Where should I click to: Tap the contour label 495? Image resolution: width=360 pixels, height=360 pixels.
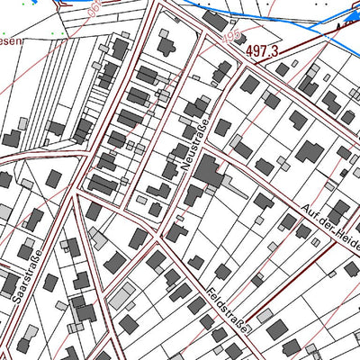click(x=209, y=37)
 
